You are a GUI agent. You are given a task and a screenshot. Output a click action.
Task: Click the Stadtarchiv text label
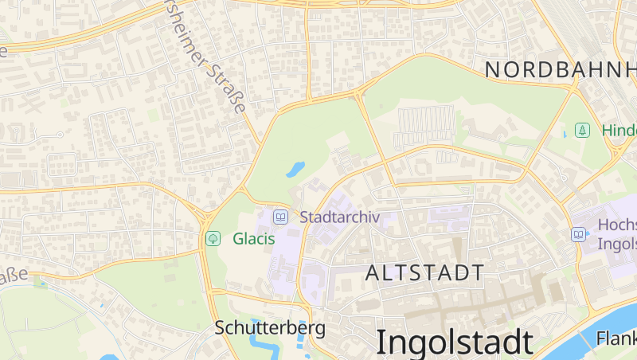click(339, 217)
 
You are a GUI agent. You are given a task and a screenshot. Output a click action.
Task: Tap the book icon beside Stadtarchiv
click(280, 217)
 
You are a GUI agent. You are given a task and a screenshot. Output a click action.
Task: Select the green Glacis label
click(253, 238)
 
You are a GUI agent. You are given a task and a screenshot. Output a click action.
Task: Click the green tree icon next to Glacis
click(213, 238)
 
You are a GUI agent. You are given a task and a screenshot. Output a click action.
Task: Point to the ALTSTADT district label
click(424, 272)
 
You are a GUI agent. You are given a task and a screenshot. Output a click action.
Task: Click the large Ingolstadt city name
click(454, 341)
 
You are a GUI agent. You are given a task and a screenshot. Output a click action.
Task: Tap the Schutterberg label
click(270, 327)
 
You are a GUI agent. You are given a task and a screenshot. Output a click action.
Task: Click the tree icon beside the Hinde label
click(582, 130)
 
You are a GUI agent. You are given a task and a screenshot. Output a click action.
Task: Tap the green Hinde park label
click(619, 130)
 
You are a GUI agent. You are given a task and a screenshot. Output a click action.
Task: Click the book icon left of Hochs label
click(579, 234)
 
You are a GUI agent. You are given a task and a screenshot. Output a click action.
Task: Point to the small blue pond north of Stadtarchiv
click(295, 169)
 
